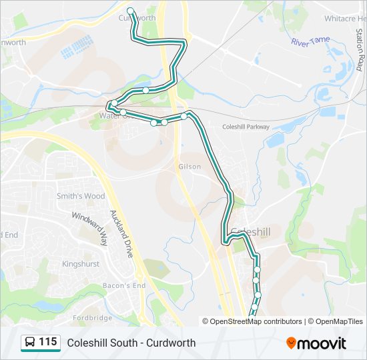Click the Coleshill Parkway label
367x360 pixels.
pyautogui.click(x=246, y=127)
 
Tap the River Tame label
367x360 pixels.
pyautogui.click(x=310, y=41)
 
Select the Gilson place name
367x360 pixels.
pyautogui.click(x=190, y=167)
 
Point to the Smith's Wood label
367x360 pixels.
pyautogui.click(x=81, y=196)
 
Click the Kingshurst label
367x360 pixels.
pyautogui.click(x=80, y=264)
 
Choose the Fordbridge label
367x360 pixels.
pyautogui.click(x=92, y=317)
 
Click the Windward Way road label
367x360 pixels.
pyautogui.click(x=89, y=229)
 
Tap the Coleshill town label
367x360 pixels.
pyautogui.click(x=250, y=231)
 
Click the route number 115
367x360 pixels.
pyautogui.click(x=48, y=342)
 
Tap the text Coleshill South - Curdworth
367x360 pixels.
pyautogui.click(x=131, y=343)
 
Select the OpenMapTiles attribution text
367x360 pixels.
pyautogui.click(x=336, y=321)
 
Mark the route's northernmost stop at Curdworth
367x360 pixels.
pyautogui.click(x=130, y=11)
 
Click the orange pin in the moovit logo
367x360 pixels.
pyautogui.click(x=292, y=343)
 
